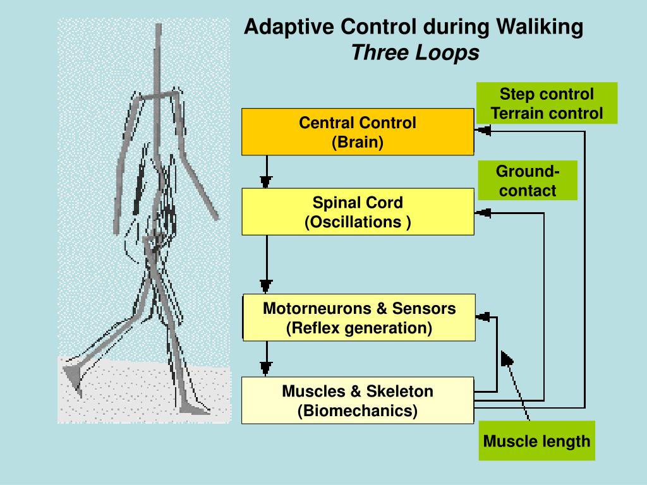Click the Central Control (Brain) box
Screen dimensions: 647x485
pyautogui.click(x=358, y=131)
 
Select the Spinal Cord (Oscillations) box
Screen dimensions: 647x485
pyautogui.click(x=358, y=212)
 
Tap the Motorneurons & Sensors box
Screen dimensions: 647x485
pyautogui.click(x=359, y=318)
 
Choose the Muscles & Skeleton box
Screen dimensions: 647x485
pyautogui.click(x=358, y=400)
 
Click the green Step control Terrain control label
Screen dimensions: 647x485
pyautogui.click(x=547, y=104)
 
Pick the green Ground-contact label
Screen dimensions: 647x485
pyautogui.click(x=528, y=181)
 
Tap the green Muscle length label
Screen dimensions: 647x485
pyautogui.click(x=536, y=441)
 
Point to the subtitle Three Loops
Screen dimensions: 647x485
pyautogui.click(x=415, y=53)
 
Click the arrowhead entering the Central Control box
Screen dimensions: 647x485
pyautogui.click(x=483, y=131)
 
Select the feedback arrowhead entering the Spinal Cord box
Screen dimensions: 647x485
pyautogui.click(x=483, y=213)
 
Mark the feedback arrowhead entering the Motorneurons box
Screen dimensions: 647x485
pyautogui.click(x=483, y=316)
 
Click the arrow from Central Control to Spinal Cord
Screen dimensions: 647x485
pyautogui.click(x=266, y=172)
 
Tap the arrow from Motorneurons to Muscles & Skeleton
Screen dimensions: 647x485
pyautogui.click(x=266, y=359)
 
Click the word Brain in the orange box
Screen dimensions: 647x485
pyautogui.click(x=358, y=142)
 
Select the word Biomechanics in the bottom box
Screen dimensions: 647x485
pyautogui.click(x=358, y=411)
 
